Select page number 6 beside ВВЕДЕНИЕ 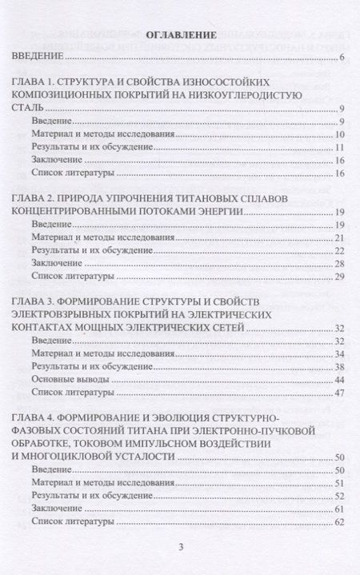pyautogui.click(x=342, y=58)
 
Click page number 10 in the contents pyautogui.click(x=340, y=133)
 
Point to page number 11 pyautogui.click(x=340, y=147)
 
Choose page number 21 pyautogui.click(x=340, y=238)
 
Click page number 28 pyautogui.click(x=340, y=263)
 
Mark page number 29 pyautogui.click(x=340, y=276)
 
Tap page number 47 pyautogui.click(x=340, y=393)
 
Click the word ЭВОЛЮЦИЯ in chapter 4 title pyautogui.click(x=183, y=418)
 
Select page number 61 pyautogui.click(x=340, y=509)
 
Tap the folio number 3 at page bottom pyautogui.click(x=181, y=547)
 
